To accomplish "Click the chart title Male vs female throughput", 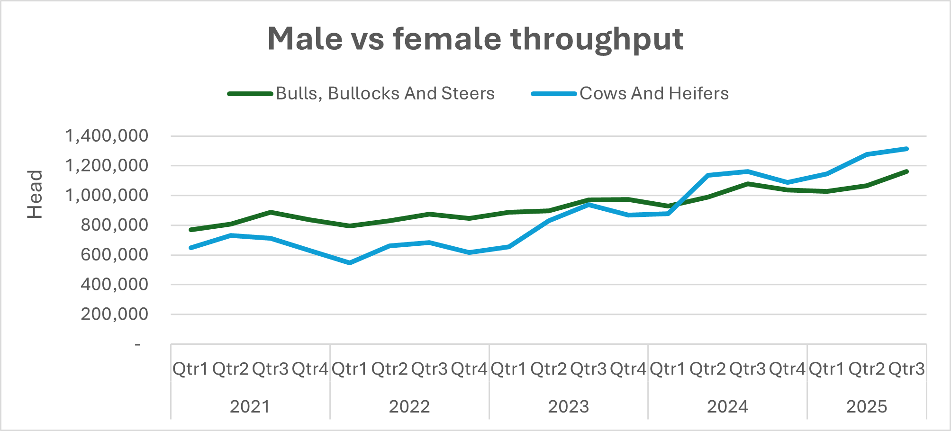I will pyautogui.click(x=475, y=39).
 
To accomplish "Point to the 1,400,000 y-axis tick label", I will pyautogui.click(x=107, y=136).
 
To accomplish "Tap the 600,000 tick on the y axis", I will pyautogui.click(x=114, y=255).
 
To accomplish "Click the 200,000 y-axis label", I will pyautogui.click(x=114, y=314).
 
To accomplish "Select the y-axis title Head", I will pyautogui.click(x=35, y=194).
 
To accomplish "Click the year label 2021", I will pyautogui.click(x=250, y=406).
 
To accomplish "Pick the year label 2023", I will pyautogui.click(x=568, y=406).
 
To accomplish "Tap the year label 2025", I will pyautogui.click(x=867, y=406).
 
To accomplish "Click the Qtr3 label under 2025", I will pyautogui.click(x=906, y=368).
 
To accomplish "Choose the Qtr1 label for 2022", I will pyautogui.click(x=349, y=368).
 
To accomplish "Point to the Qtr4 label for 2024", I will pyautogui.click(x=787, y=368).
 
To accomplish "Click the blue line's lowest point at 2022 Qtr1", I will pyautogui.click(x=350, y=262).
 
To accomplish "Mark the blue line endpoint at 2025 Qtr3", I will pyautogui.click(x=906, y=149).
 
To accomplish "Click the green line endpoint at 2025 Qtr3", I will pyautogui.click(x=906, y=171).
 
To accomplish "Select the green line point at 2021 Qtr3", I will pyautogui.click(x=270, y=212).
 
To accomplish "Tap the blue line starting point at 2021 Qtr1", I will pyautogui.click(x=190, y=248).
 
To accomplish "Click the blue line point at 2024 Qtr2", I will pyautogui.click(x=708, y=175).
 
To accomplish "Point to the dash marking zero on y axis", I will pyautogui.click(x=137, y=344).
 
